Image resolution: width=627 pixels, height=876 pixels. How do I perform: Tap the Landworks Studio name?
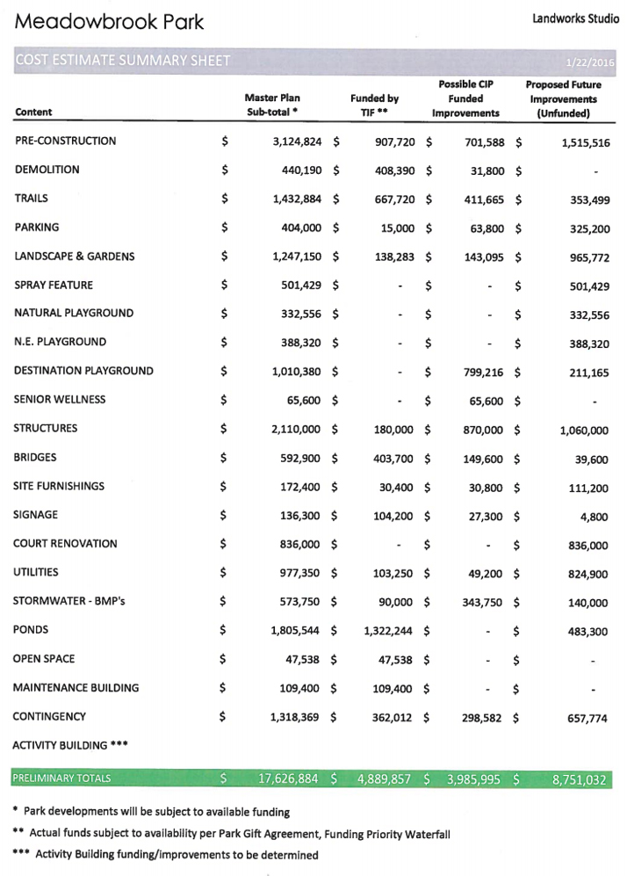pos(574,18)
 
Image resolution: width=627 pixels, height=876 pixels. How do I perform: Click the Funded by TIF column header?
pos(374,106)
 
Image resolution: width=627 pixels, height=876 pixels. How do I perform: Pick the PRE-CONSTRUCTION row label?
pos(65,141)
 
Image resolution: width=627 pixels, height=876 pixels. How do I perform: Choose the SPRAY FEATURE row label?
pos(54,286)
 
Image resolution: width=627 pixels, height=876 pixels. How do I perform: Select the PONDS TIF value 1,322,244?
pos(383,632)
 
